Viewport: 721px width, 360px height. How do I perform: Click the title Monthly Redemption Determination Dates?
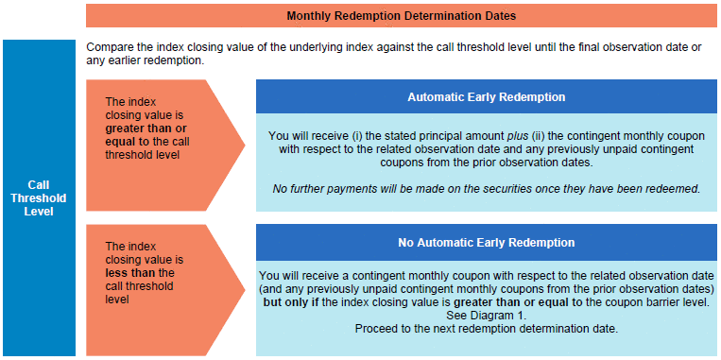coord(401,16)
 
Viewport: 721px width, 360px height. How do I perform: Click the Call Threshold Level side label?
coord(39,198)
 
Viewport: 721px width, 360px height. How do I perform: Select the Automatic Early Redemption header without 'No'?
coord(486,97)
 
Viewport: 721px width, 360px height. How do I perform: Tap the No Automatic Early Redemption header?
coord(486,242)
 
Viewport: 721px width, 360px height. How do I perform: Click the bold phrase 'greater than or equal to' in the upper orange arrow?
coord(146,134)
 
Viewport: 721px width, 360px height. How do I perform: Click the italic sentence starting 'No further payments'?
coord(486,189)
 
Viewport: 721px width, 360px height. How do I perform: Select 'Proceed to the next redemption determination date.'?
coord(486,329)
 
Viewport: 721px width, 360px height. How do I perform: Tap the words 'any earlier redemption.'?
coord(145,61)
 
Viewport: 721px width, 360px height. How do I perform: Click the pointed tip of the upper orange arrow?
coord(245,146)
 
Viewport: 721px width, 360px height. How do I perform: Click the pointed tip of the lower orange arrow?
coord(245,290)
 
